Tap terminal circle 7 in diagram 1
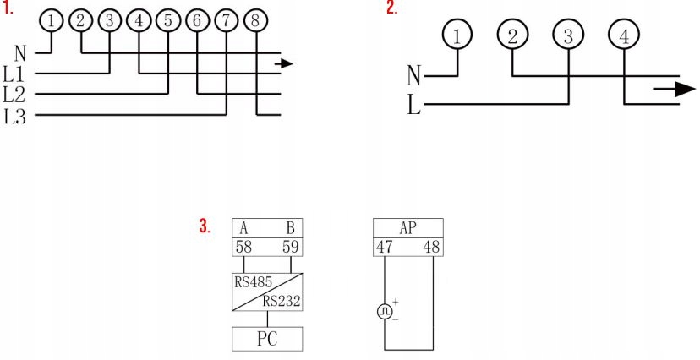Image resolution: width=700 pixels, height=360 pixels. tap(227, 19)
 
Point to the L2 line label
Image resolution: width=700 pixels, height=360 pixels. tap(14, 92)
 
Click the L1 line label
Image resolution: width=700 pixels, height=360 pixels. tap(14, 74)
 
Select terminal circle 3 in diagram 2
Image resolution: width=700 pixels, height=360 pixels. tap(567, 36)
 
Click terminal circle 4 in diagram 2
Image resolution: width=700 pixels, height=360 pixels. tap(623, 36)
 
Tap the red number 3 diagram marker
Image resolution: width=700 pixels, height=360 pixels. tap(204, 226)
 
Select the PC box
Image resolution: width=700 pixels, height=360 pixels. tap(267, 339)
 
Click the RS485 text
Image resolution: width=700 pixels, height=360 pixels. tap(253, 282)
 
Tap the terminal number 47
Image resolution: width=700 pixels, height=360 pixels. tap(386, 248)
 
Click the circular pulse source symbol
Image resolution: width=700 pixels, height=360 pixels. tap(385, 311)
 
